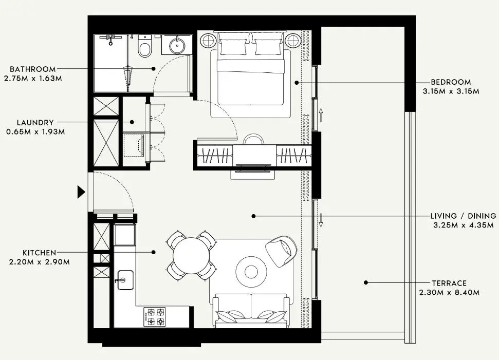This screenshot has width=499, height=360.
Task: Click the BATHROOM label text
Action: [32, 69]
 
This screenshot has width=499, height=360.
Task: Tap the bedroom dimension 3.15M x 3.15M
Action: [451, 91]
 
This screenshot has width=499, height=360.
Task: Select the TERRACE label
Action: [449, 283]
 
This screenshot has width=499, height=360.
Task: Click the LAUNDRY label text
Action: [35, 123]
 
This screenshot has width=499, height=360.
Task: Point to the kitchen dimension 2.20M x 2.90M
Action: [39, 262]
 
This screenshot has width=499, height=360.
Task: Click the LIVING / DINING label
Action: [464, 216]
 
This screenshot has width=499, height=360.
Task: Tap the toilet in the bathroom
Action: [145, 48]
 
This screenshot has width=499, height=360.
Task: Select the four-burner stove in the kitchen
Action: [155, 316]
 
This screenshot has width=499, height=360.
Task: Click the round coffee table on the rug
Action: [251, 271]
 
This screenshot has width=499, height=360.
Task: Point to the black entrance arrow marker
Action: [81, 192]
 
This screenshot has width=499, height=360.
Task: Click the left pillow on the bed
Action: [233, 47]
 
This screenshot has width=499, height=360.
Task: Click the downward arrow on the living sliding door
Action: [321, 220]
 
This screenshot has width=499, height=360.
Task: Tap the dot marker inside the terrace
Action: [365, 282]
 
